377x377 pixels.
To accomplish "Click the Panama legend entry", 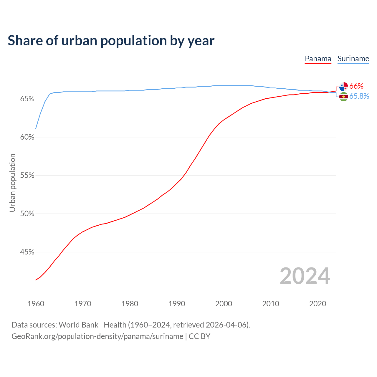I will point(318,59).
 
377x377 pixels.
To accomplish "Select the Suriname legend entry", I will point(353,59).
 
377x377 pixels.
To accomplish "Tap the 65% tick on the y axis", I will point(27,99).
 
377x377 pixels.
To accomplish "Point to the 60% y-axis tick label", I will point(27,137).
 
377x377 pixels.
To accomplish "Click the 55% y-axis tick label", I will point(27,176).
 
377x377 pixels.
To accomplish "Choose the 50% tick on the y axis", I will point(27,214).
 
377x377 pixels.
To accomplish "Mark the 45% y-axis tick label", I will point(27,252).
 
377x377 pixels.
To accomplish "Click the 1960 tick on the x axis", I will point(36,304).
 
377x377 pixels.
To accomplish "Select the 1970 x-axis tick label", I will point(83,304).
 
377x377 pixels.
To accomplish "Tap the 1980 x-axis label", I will point(130,304).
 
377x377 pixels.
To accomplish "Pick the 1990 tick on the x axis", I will point(177,304).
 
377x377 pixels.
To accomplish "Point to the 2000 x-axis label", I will point(224,304).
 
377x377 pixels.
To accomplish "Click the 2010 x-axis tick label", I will point(271,304).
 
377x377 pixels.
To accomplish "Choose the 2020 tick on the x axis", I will point(318,304).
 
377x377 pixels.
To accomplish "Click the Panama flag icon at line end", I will point(343,87).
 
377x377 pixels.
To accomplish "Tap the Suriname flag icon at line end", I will point(343,97).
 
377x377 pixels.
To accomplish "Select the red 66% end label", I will point(356,86).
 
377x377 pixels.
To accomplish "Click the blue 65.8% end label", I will point(359,96).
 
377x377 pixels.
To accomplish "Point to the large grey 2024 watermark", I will point(305,276).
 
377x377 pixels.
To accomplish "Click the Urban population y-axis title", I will point(12,183).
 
